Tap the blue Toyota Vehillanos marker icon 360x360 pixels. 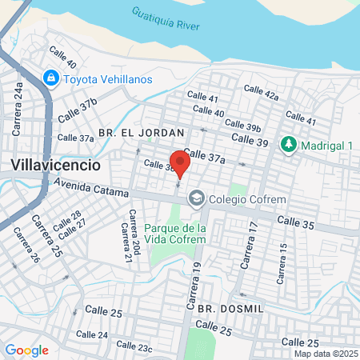(50, 78)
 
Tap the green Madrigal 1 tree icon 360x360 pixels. (287, 145)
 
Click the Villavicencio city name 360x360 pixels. (56, 166)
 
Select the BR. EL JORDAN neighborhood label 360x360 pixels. (142, 131)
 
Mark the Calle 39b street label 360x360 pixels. (242, 126)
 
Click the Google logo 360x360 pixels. (26, 350)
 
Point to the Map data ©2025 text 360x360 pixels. (325, 354)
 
